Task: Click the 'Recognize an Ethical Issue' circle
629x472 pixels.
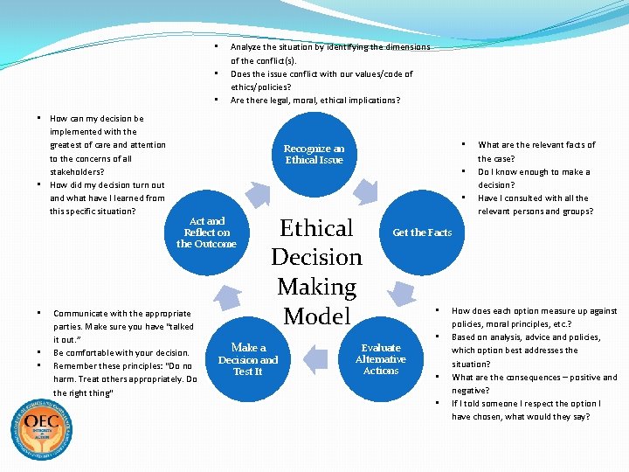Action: point(314,155)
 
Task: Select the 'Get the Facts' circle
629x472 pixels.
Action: point(422,233)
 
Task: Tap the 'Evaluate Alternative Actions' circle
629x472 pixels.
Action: point(381,358)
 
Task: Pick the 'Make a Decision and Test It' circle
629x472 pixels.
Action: point(248,358)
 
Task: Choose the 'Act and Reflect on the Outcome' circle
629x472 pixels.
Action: point(206,233)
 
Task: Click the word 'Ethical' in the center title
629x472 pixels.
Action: point(316,228)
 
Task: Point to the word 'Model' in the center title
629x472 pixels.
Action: point(316,316)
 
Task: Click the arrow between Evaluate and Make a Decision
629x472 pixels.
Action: point(315,366)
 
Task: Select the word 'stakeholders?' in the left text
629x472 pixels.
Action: point(77,172)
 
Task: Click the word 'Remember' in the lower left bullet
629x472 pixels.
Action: point(74,366)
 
